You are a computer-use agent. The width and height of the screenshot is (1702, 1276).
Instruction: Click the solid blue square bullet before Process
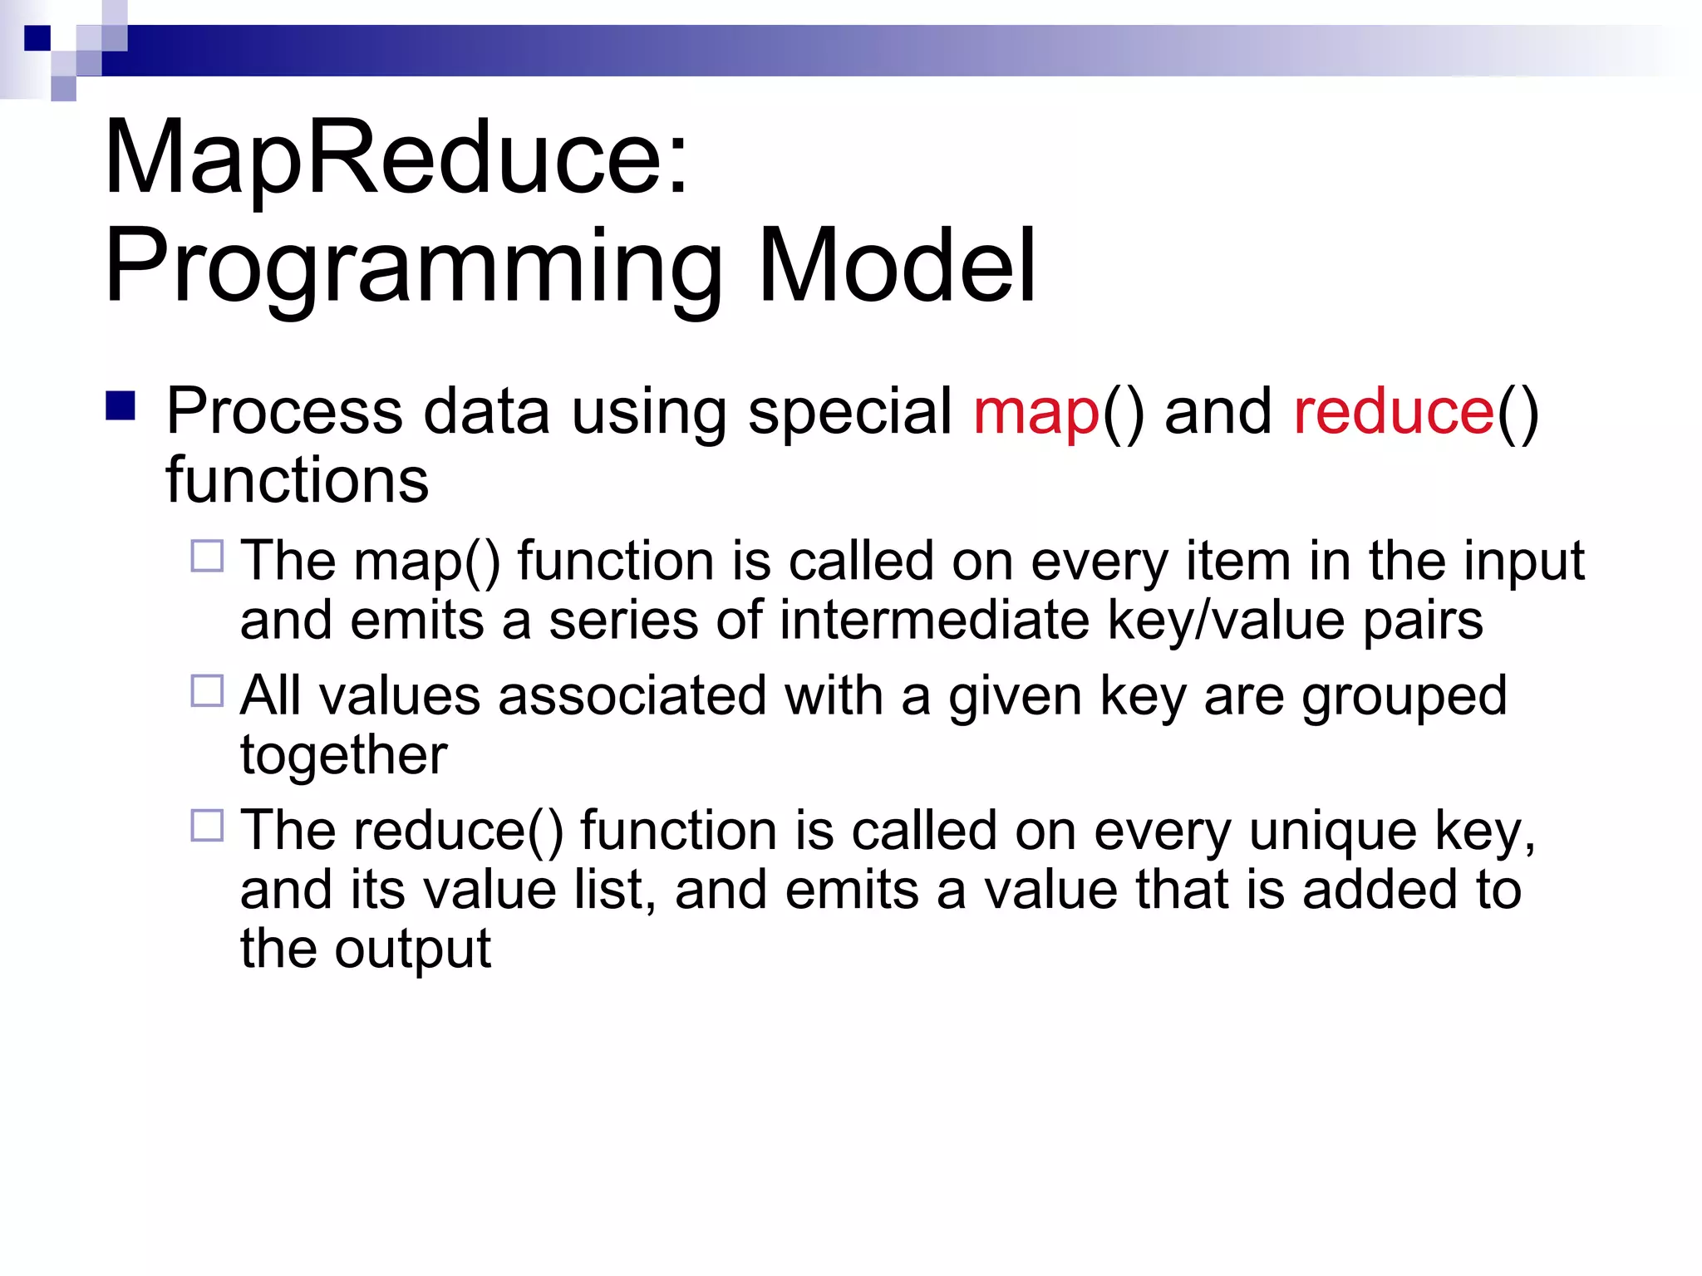pos(121,406)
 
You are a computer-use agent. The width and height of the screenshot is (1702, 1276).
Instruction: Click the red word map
pos(1036,412)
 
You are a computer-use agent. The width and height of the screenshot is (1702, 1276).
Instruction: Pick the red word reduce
pos(1394,412)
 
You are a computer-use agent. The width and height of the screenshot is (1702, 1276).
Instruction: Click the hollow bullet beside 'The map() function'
pos(207,556)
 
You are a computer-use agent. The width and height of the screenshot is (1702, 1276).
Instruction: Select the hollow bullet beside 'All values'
pos(207,690)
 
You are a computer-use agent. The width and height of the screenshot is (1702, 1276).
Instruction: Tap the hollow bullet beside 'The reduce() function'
pos(207,826)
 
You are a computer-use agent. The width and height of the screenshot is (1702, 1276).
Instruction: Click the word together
pos(343,756)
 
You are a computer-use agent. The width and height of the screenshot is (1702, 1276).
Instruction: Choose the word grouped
pos(1404,696)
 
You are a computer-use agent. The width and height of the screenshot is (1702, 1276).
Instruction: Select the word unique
pos(1332,832)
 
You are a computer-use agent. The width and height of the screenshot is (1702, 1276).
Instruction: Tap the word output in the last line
pos(412,950)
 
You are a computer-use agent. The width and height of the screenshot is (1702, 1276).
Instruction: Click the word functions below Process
pos(297,480)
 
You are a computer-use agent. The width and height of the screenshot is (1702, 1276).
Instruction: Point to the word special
pos(849,412)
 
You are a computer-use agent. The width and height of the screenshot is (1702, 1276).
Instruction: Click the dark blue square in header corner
pos(37,38)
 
